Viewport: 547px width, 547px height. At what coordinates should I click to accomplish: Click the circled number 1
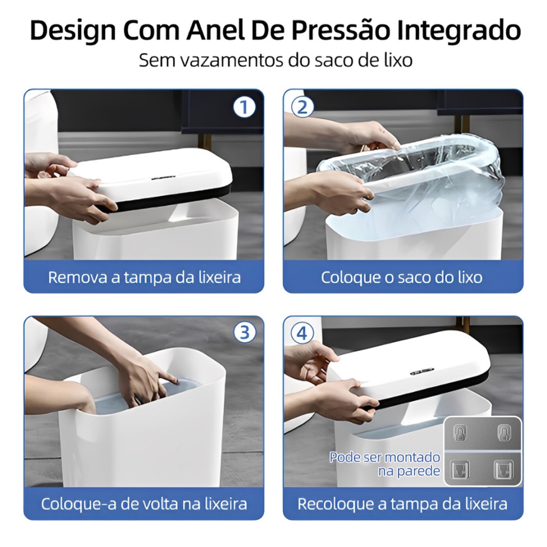pos(244,107)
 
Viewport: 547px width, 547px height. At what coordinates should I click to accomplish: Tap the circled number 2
pos(302,107)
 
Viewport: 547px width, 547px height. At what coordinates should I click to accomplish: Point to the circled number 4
pos(302,333)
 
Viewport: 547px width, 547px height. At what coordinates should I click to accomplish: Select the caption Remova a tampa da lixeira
pos(144,277)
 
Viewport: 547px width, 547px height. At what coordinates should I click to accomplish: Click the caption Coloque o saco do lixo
pos(402,277)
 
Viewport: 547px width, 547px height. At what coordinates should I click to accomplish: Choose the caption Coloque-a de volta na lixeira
pos(144,504)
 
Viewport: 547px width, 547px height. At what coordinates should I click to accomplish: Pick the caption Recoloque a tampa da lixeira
pos(402,504)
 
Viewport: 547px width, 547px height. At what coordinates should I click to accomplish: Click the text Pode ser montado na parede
pos(385,464)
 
